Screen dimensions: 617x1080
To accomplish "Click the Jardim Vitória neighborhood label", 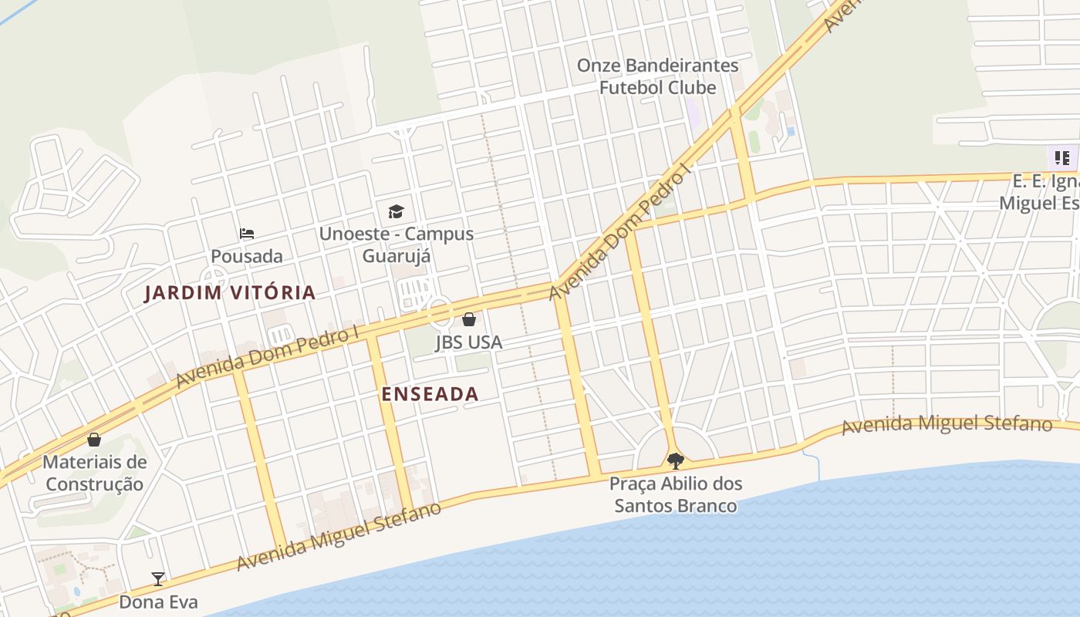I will pyautogui.click(x=230, y=293).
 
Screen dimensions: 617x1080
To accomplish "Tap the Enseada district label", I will pyautogui.click(x=430, y=394).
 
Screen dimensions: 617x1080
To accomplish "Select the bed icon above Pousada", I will pyautogui.click(x=247, y=234).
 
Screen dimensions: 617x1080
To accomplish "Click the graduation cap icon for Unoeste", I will pyautogui.click(x=396, y=211).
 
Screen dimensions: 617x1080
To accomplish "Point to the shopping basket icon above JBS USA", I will pyautogui.click(x=469, y=319).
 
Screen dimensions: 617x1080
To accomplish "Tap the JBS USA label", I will pyautogui.click(x=468, y=342).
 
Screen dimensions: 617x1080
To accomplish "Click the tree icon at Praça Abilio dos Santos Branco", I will pyautogui.click(x=676, y=461).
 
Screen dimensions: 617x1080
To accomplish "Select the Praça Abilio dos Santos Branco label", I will pyautogui.click(x=676, y=495).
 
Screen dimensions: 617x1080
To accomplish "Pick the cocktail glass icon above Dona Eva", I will pyautogui.click(x=158, y=578).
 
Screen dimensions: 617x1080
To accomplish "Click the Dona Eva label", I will pyautogui.click(x=158, y=602).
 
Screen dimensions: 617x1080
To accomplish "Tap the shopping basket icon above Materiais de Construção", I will pyautogui.click(x=94, y=440).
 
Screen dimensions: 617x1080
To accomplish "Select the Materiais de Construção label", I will pyautogui.click(x=94, y=474).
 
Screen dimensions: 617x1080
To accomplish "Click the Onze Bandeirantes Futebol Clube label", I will pyautogui.click(x=658, y=76).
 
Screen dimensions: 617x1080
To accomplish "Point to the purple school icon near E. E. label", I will pyautogui.click(x=1062, y=158).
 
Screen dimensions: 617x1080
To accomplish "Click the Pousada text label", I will pyautogui.click(x=247, y=256).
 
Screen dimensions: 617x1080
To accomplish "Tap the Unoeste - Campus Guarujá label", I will pyautogui.click(x=397, y=244).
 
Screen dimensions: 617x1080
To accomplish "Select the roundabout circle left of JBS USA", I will pyautogui.click(x=440, y=312).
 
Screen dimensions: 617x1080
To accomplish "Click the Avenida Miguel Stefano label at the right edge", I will pyautogui.click(x=947, y=425).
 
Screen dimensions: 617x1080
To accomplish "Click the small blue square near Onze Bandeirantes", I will pyautogui.click(x=791, y=132).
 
